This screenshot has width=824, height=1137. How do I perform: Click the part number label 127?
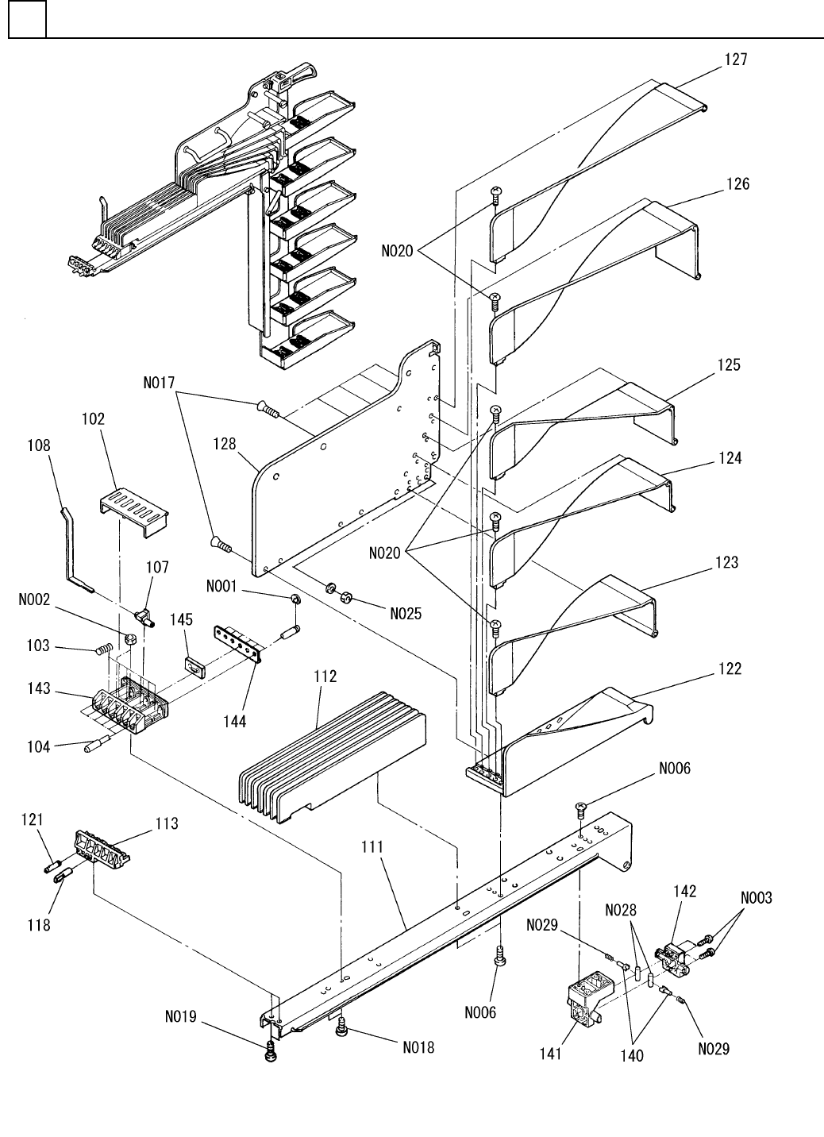click(735, 59)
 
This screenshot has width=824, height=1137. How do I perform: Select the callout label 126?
click(737, 183)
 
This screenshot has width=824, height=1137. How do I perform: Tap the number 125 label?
click(729, 365)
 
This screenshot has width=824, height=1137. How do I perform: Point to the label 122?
click(730, 669)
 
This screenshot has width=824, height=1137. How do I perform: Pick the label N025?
click(406, 613)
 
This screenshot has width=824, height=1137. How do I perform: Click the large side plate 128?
click(341, 468)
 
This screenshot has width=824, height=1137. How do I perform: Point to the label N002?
click(35, 601)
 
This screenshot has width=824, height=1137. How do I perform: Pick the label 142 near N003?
click(685, 891)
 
